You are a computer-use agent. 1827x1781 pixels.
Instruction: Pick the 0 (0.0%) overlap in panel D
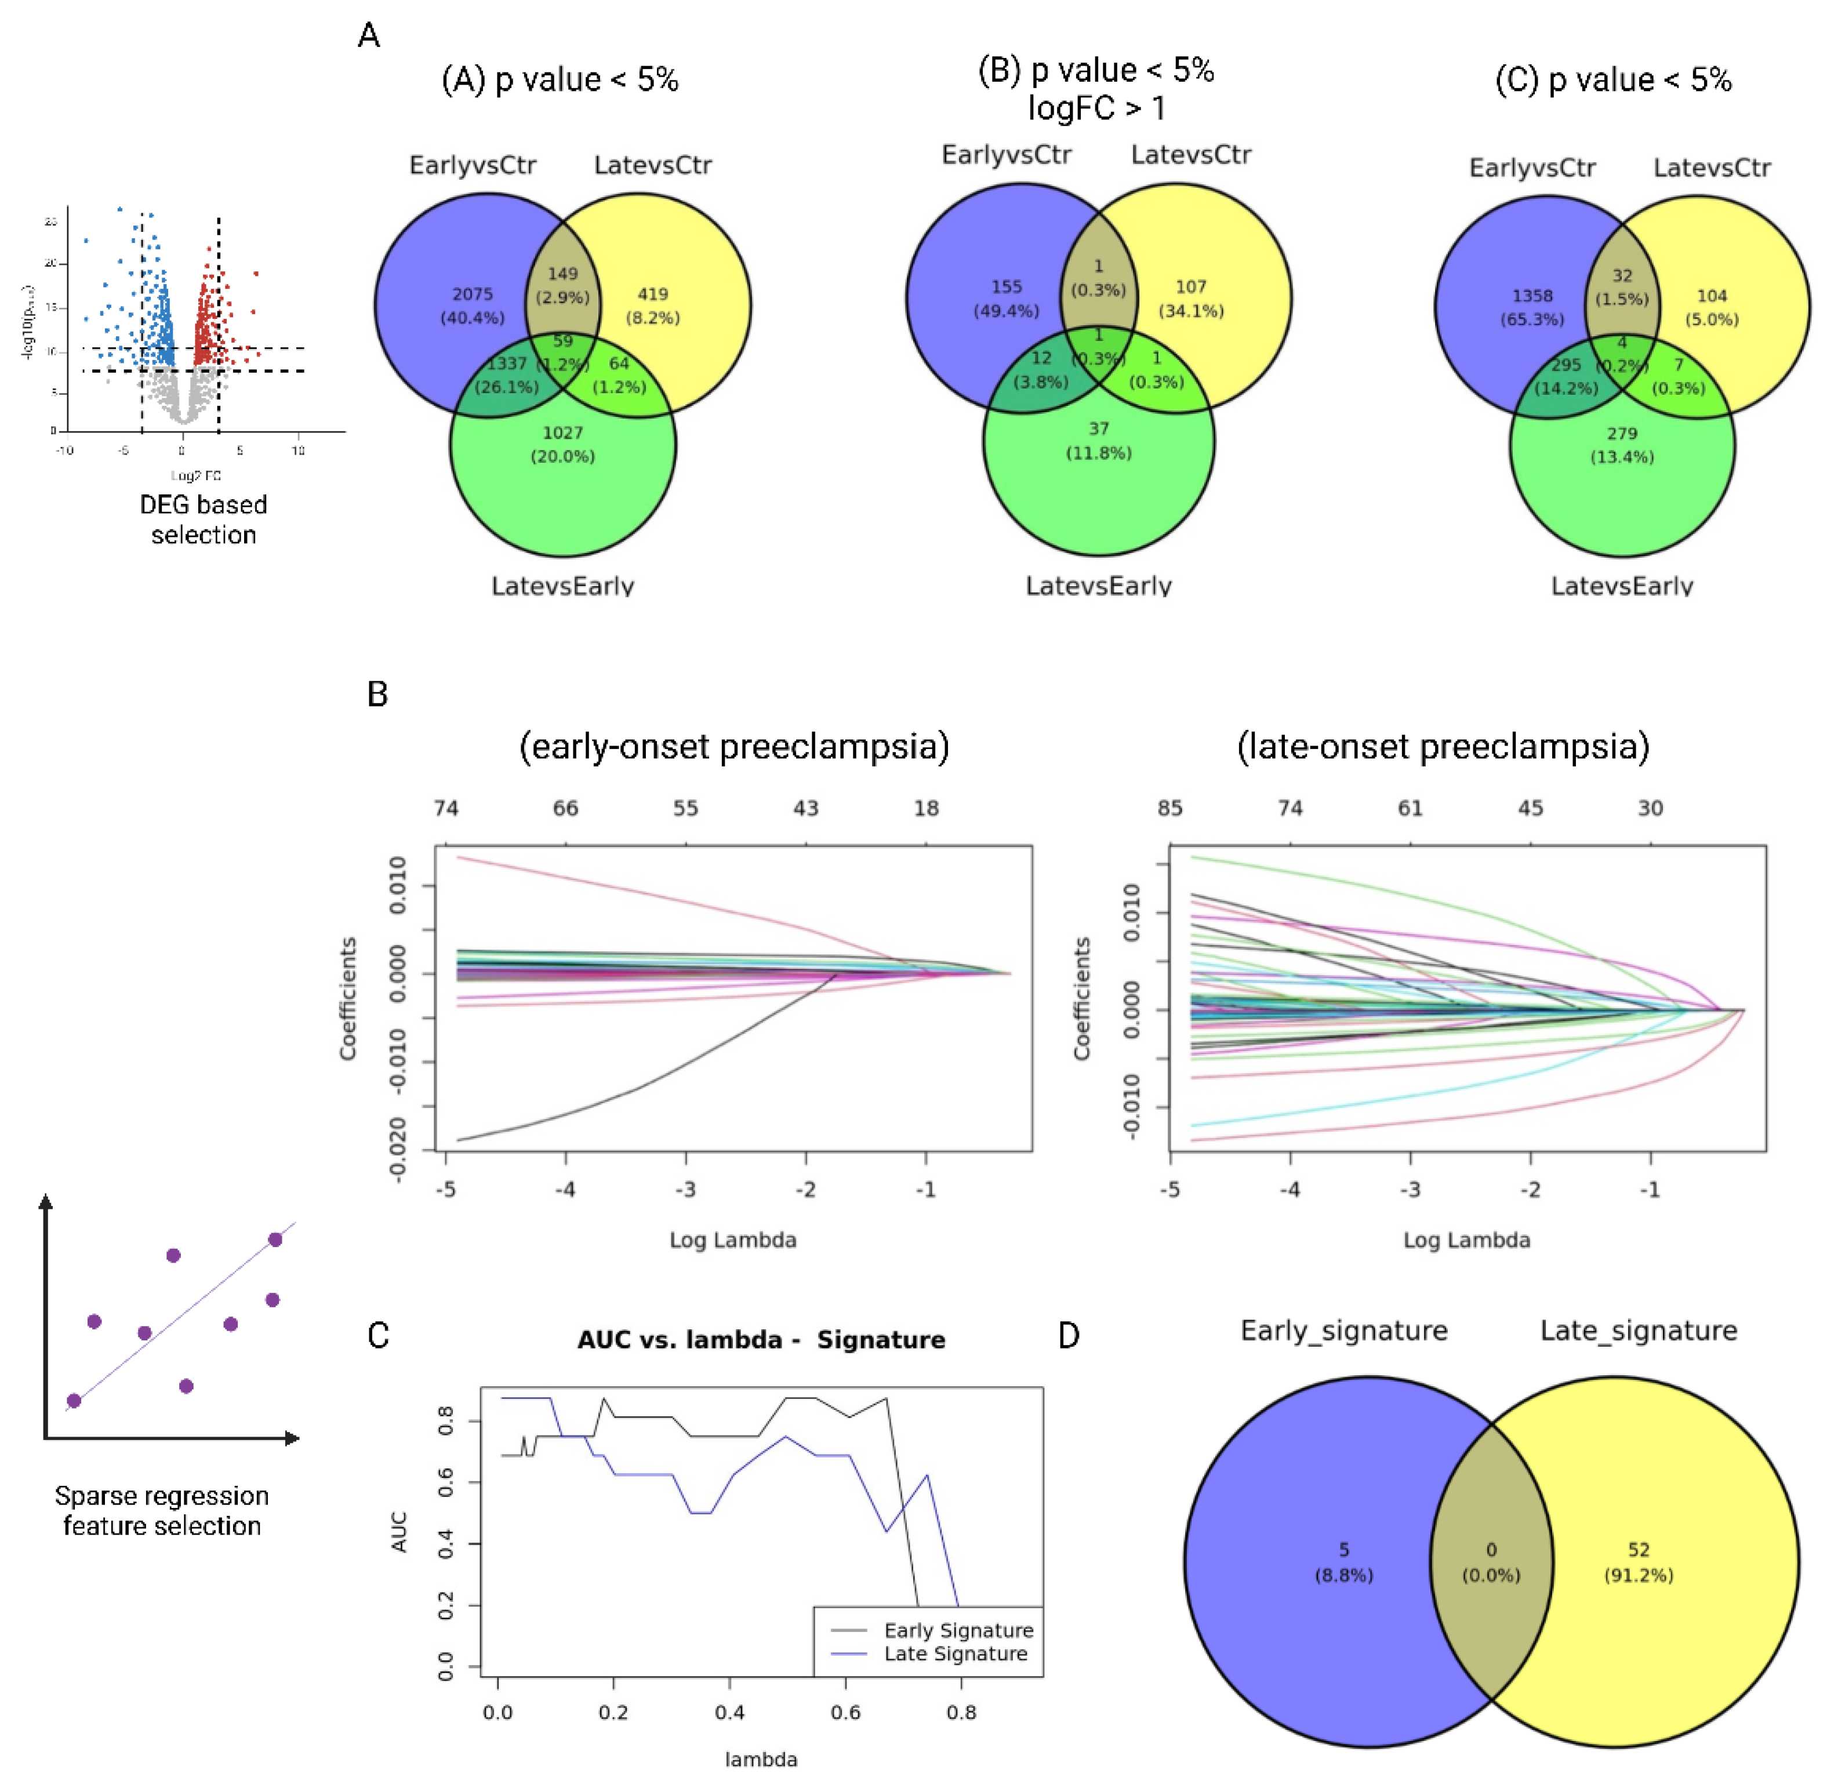tap(1491, 1562)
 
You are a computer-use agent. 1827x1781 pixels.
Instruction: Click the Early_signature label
tap(1343, 1330)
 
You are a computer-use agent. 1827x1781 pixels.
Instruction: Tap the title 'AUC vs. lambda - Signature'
tap(761, 1339)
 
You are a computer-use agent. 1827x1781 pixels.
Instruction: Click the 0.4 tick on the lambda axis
tap(729, 1713)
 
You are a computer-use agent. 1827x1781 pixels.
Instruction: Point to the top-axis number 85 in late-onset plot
tap(1169, 808)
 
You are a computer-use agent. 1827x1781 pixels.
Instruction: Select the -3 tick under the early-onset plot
tap(686, 1190)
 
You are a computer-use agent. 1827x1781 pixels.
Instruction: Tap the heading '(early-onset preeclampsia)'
tap(735, 747)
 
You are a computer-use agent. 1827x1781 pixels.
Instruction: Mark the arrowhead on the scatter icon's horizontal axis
tap(293, 1438)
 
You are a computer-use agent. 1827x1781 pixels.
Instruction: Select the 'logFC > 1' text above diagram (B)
tap(1096, 108)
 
